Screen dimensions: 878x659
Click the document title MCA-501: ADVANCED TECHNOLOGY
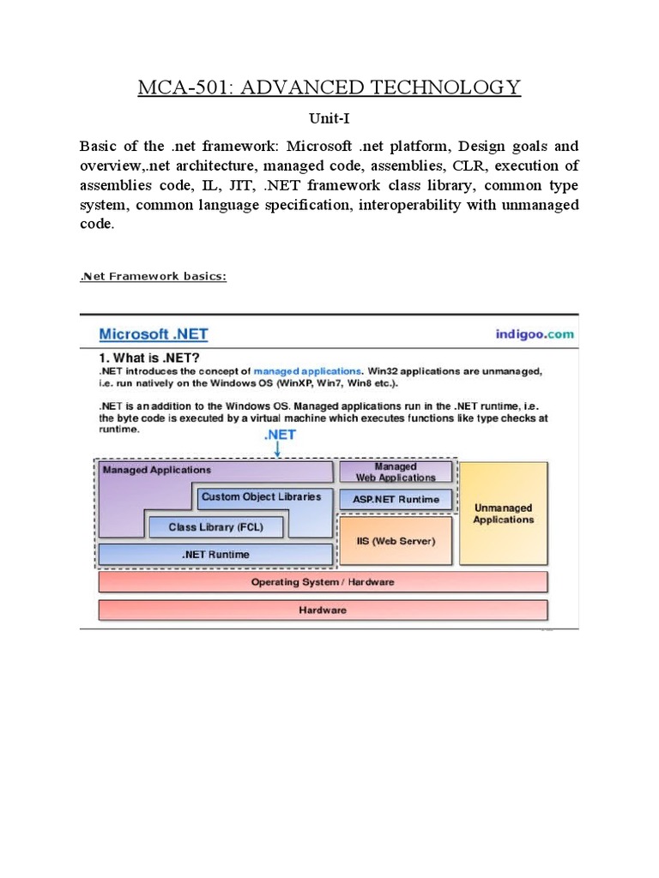(329, 87)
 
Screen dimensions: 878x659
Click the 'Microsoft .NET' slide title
(154, 334)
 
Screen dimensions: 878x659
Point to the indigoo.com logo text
(535, 334)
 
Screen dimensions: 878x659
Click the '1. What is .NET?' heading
(158, 357)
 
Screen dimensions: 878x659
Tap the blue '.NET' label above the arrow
(281, 435)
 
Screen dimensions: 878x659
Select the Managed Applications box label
(156, 470)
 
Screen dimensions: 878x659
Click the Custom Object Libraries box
(261, 496)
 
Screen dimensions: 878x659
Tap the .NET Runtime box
(215, 555)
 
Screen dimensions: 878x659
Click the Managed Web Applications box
(395, 472)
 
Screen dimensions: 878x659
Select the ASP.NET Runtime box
(395, 499)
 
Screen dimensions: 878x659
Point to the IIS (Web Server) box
(395, 541)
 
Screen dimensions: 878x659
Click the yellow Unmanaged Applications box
(504, 514)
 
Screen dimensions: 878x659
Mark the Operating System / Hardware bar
(323, 582)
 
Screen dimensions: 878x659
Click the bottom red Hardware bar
(323, 610)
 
